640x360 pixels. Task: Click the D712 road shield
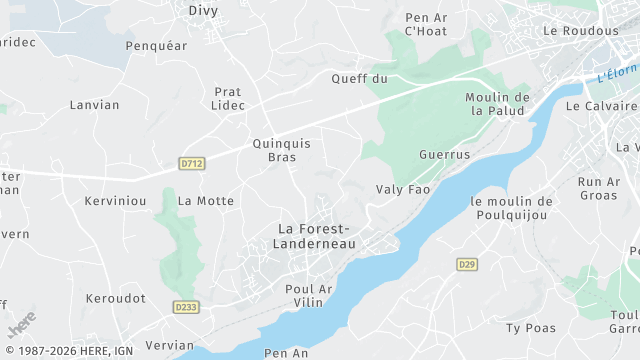pyautogui.click(x=192, y=162)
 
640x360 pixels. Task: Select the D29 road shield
pyautogui.click(x=466, y=264)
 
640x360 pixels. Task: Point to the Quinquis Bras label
pyautogui.click(x=282, y=150)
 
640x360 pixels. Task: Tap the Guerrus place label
pyautogui.click(x=444, y=155)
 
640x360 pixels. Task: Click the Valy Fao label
pyautogui.click(x=402, y=189)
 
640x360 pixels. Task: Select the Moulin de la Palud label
pyautogui.click(x=497, y=104)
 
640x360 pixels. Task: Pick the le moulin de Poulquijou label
pyautogui.click(x=510, y=207)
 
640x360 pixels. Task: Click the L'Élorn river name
pyautogui.click(x=617, y=72)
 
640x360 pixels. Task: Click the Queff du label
pyautogui.click(x=359, y=78)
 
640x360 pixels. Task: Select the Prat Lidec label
pyautogui.click(x=228, y=98)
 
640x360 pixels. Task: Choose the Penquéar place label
pyautogui.click(x=157, y=46)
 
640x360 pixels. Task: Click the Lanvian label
pyautogui.click(x=94, y=105)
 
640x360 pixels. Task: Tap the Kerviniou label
pyautogui.click(x=116, y=201)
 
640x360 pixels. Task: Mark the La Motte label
pyautogui.click(x=206, y=201)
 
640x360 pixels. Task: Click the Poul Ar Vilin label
pyautogui.click(x=308, y=296)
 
